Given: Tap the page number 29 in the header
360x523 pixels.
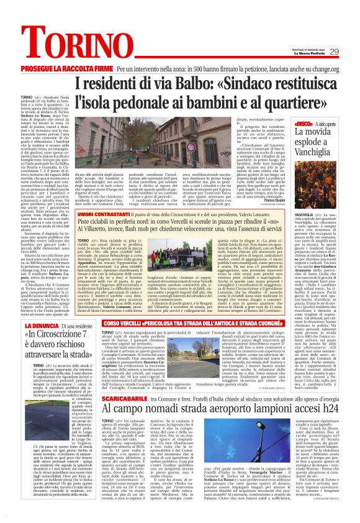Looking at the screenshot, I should tap(334, 52).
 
